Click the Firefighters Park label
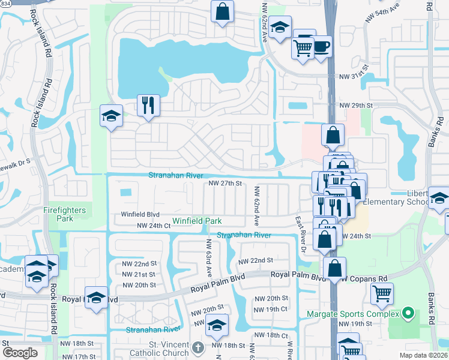tap(65, 214)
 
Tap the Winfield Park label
tap(197, 221)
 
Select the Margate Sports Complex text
tap(353, 314)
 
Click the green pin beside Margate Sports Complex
tap(408, 313)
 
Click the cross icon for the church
tap(199, 347)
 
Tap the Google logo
tap(20, 353)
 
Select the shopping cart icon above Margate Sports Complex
tap(382, 293)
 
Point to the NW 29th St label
tap(357, 106)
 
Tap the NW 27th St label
tap(224, 184)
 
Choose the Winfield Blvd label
tap(140, 214)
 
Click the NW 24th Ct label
tap(150, 226)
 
